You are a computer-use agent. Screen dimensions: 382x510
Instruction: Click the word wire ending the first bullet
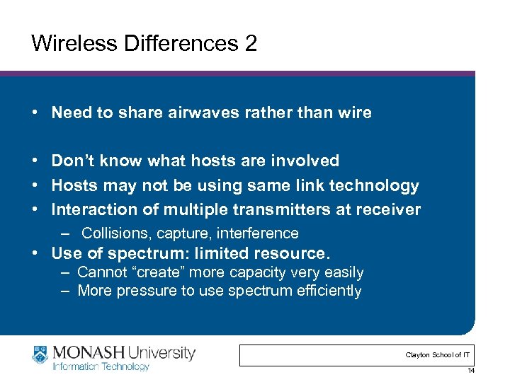pyautogui.click(x=354, y=112)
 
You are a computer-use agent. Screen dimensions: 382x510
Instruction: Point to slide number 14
pyautogui.click(x=471, y=371)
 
